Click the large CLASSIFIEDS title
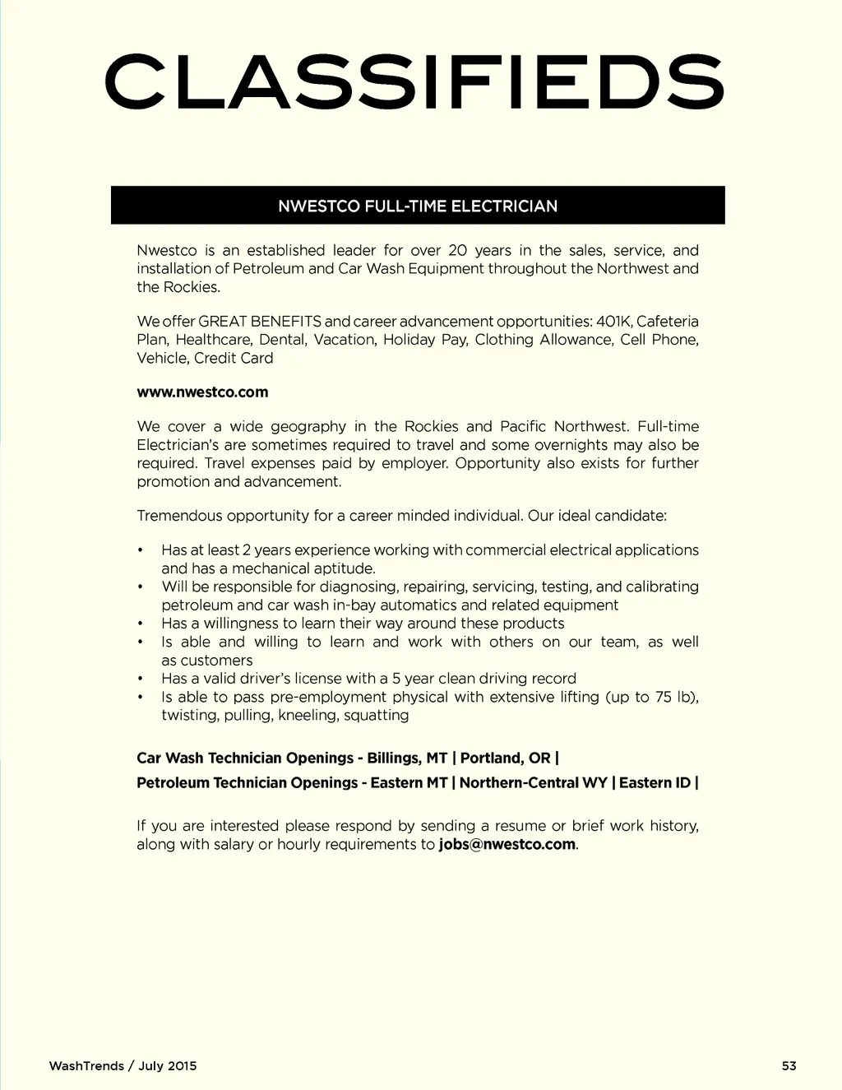pyautogui.click(x=414, y=81)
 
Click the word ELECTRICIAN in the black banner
pyautogui.click(x=504, y=206)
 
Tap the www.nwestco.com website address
pyautogui.click(x=202, y=392)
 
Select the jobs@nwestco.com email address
pyautogui.click(x=507, y=845)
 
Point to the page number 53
pyautogui.click(x=789, y=1066)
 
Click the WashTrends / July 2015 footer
pyautogui.click(x=123, y=1066)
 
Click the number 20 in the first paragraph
pyautogui.click(x=458, y=251)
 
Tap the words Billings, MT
pyautogui.click(x=407, y=758)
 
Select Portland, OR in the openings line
pyautogui.click(x=505, y=758)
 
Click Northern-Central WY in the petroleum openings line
pyautogui.click(x=533, y=783)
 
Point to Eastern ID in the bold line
pyautogui.click(x=655, y=783)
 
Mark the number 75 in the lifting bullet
pyautogui.click(x=664, y=698)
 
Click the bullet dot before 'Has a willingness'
pyautogui.click(x=141, y=624)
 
